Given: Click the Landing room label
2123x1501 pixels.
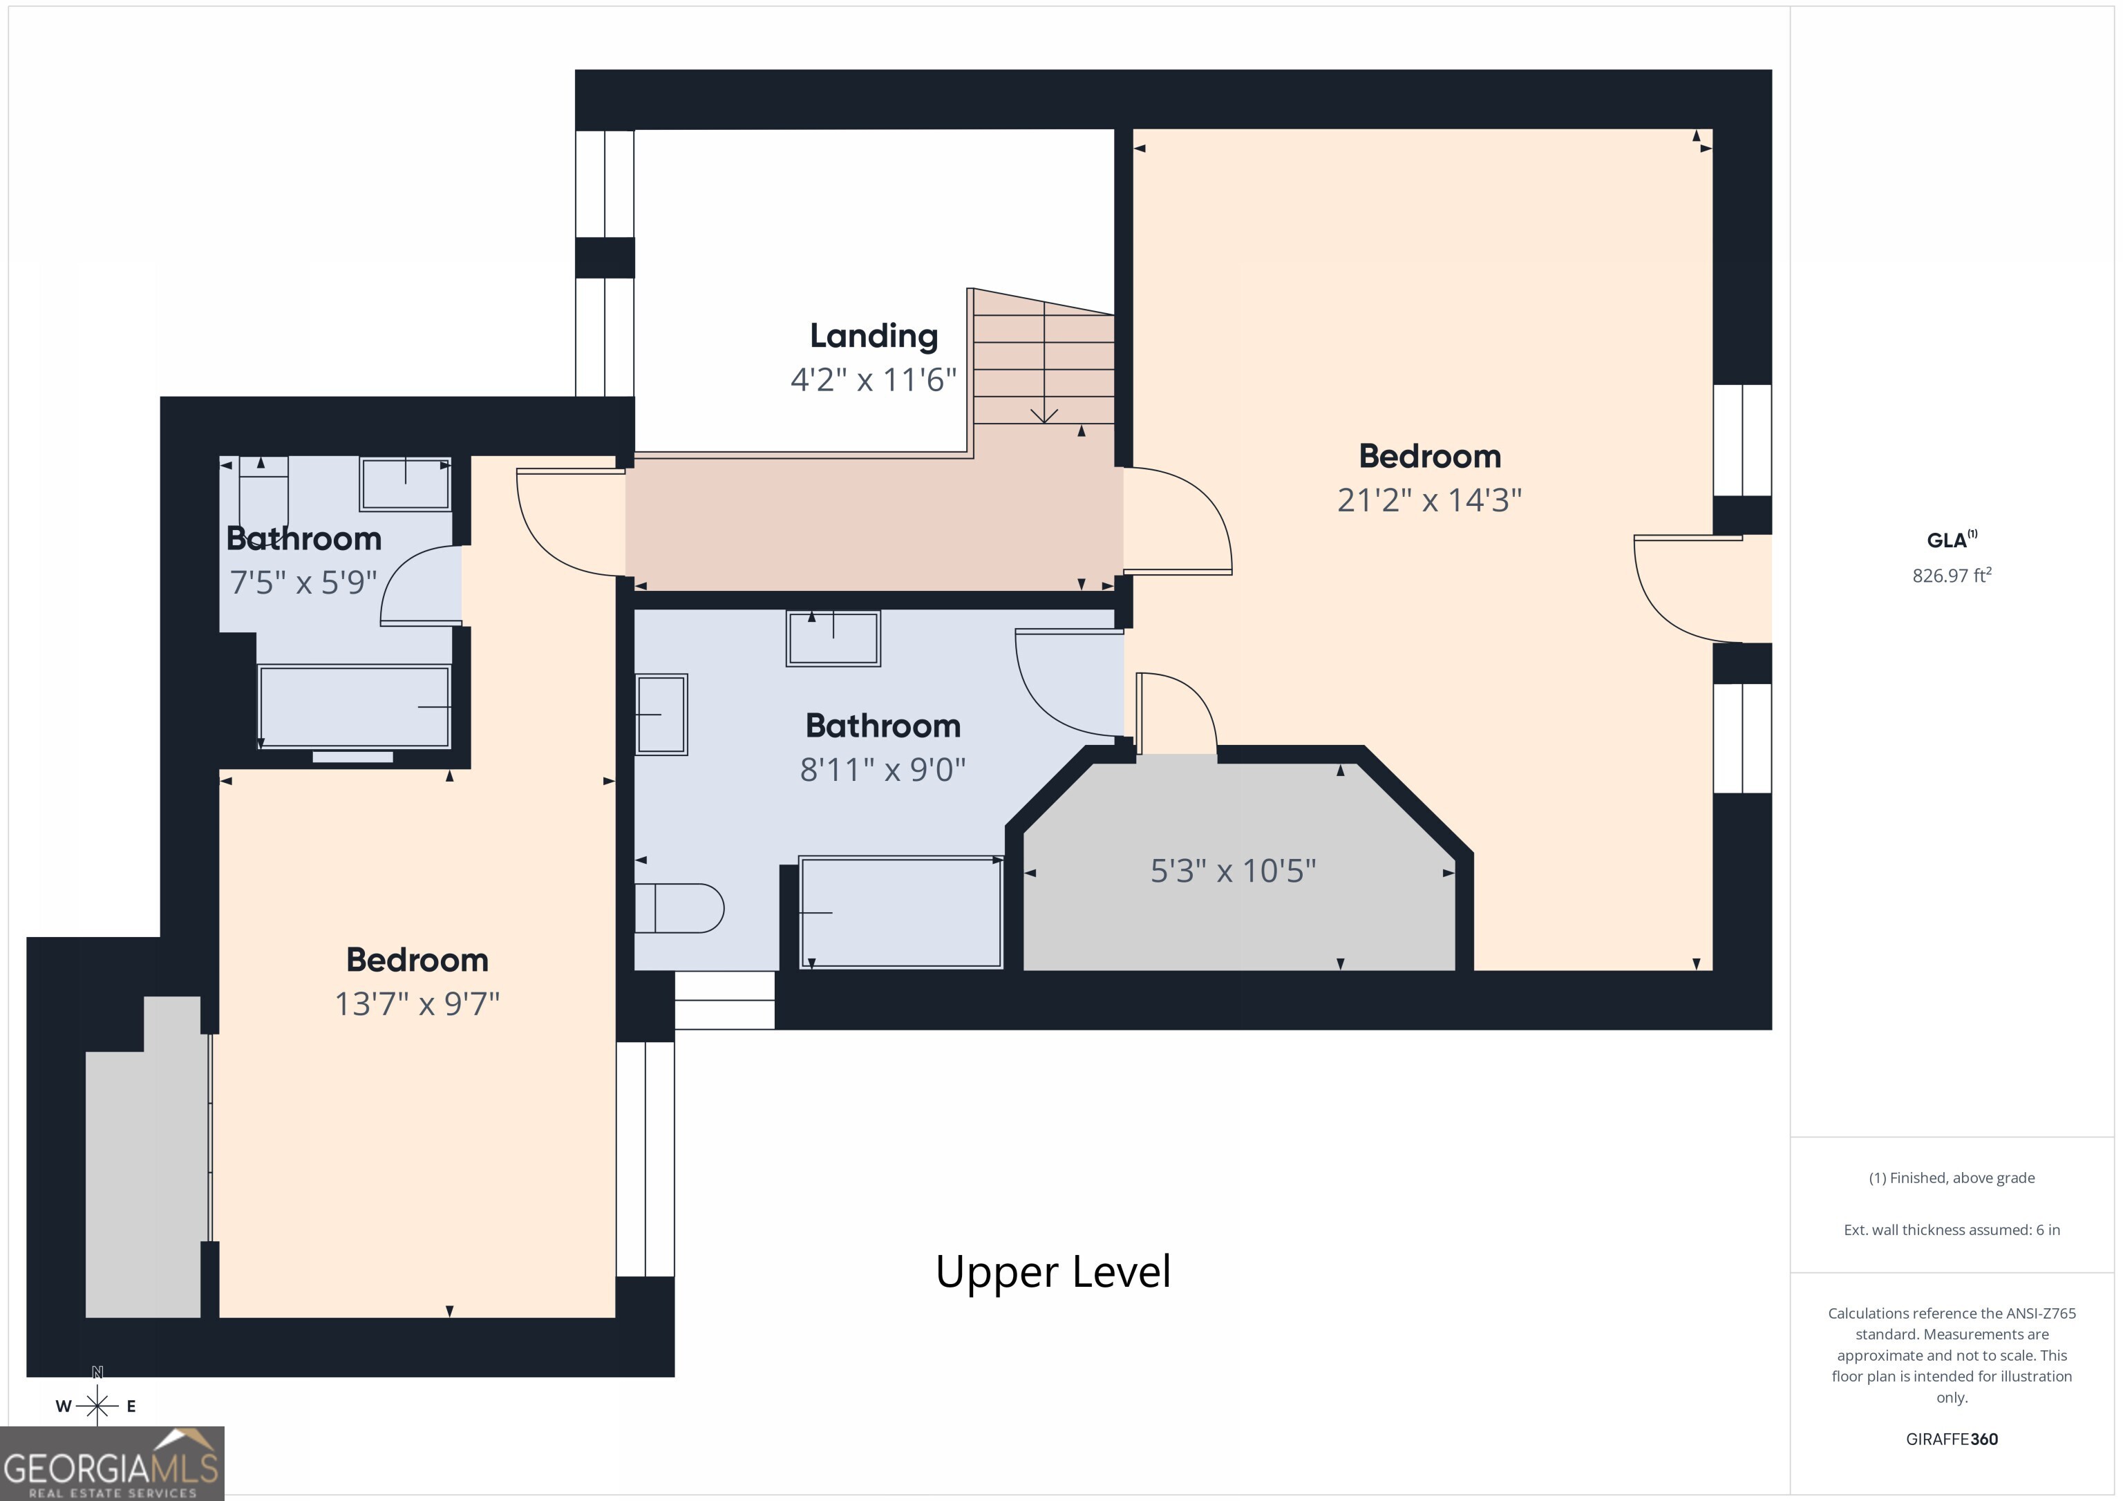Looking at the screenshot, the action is [x=874, y=337].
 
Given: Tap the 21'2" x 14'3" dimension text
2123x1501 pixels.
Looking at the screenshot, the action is [x=1430, y=500].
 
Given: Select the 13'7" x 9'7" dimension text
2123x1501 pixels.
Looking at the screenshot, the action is [x=417, y=1004].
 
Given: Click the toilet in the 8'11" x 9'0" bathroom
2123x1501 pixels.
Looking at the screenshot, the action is [x=679, y=908].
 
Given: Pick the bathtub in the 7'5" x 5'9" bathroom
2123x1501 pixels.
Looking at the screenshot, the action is [x=354, y=706].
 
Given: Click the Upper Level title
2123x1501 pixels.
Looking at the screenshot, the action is [x=1053, y=1272].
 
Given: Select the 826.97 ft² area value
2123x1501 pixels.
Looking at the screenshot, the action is [x=1952, y=575].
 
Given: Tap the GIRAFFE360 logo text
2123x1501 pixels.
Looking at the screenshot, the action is [x=1952, y=1439].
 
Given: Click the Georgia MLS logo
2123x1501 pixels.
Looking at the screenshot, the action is [x=112, y=1463].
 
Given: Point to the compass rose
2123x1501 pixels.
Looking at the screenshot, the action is [x=97, y=1406].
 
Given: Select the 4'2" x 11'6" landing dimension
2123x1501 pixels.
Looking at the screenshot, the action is [x=874, y=380].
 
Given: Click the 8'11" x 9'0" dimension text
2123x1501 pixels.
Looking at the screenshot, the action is [x=883, y=769].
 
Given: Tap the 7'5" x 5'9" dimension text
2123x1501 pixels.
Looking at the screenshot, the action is [x=303, y=583].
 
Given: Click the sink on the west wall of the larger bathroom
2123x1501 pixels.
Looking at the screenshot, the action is [x=661, y=715].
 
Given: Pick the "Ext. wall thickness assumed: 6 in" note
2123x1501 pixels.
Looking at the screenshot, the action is [x=1952, y=1230].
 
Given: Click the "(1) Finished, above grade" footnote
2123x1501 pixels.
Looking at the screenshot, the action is [x=1952, y=1178].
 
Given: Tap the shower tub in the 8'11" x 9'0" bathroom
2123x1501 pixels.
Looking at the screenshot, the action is [x=900, y=913].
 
